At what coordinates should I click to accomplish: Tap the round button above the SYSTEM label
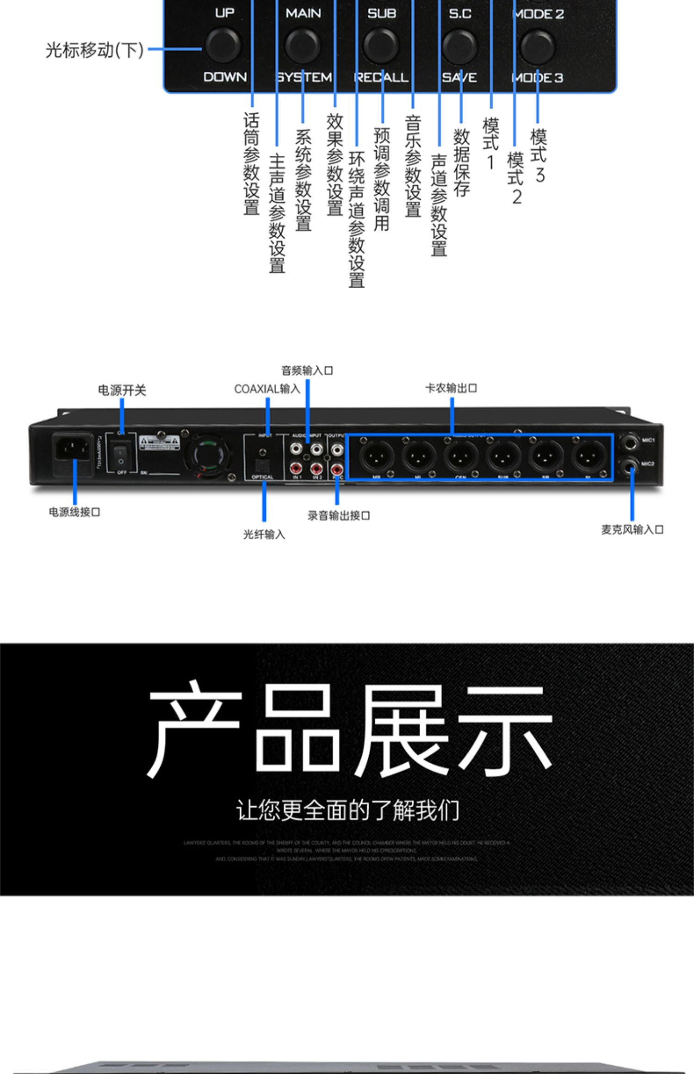[x=303, y=46]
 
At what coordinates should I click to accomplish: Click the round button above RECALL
[x=381, y=46]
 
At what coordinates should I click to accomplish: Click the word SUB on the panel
[x=382, y=13]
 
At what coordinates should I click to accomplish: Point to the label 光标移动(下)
[x=94, y=50]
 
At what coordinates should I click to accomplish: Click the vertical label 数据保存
[x=461, y=162]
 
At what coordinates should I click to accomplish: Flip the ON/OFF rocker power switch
[x=121, y=455]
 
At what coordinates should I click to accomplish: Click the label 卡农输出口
[x=451, y=388]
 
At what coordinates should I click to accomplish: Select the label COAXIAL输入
[x=267, y=389]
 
